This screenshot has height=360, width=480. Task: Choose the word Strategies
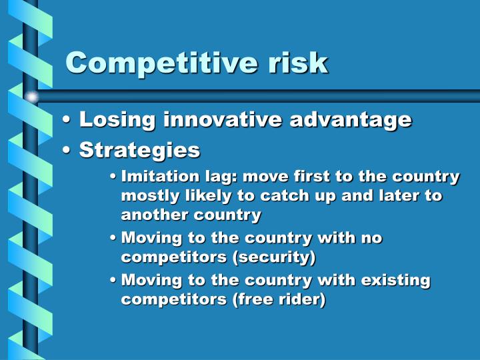(139, 150)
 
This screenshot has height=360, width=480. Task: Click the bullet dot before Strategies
(67, 151)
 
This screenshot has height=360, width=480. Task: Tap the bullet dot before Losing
(67, 121)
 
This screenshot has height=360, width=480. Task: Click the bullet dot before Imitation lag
(114, 177)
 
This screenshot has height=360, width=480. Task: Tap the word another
(147, 215)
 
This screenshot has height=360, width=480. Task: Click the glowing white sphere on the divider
(31, 97)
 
